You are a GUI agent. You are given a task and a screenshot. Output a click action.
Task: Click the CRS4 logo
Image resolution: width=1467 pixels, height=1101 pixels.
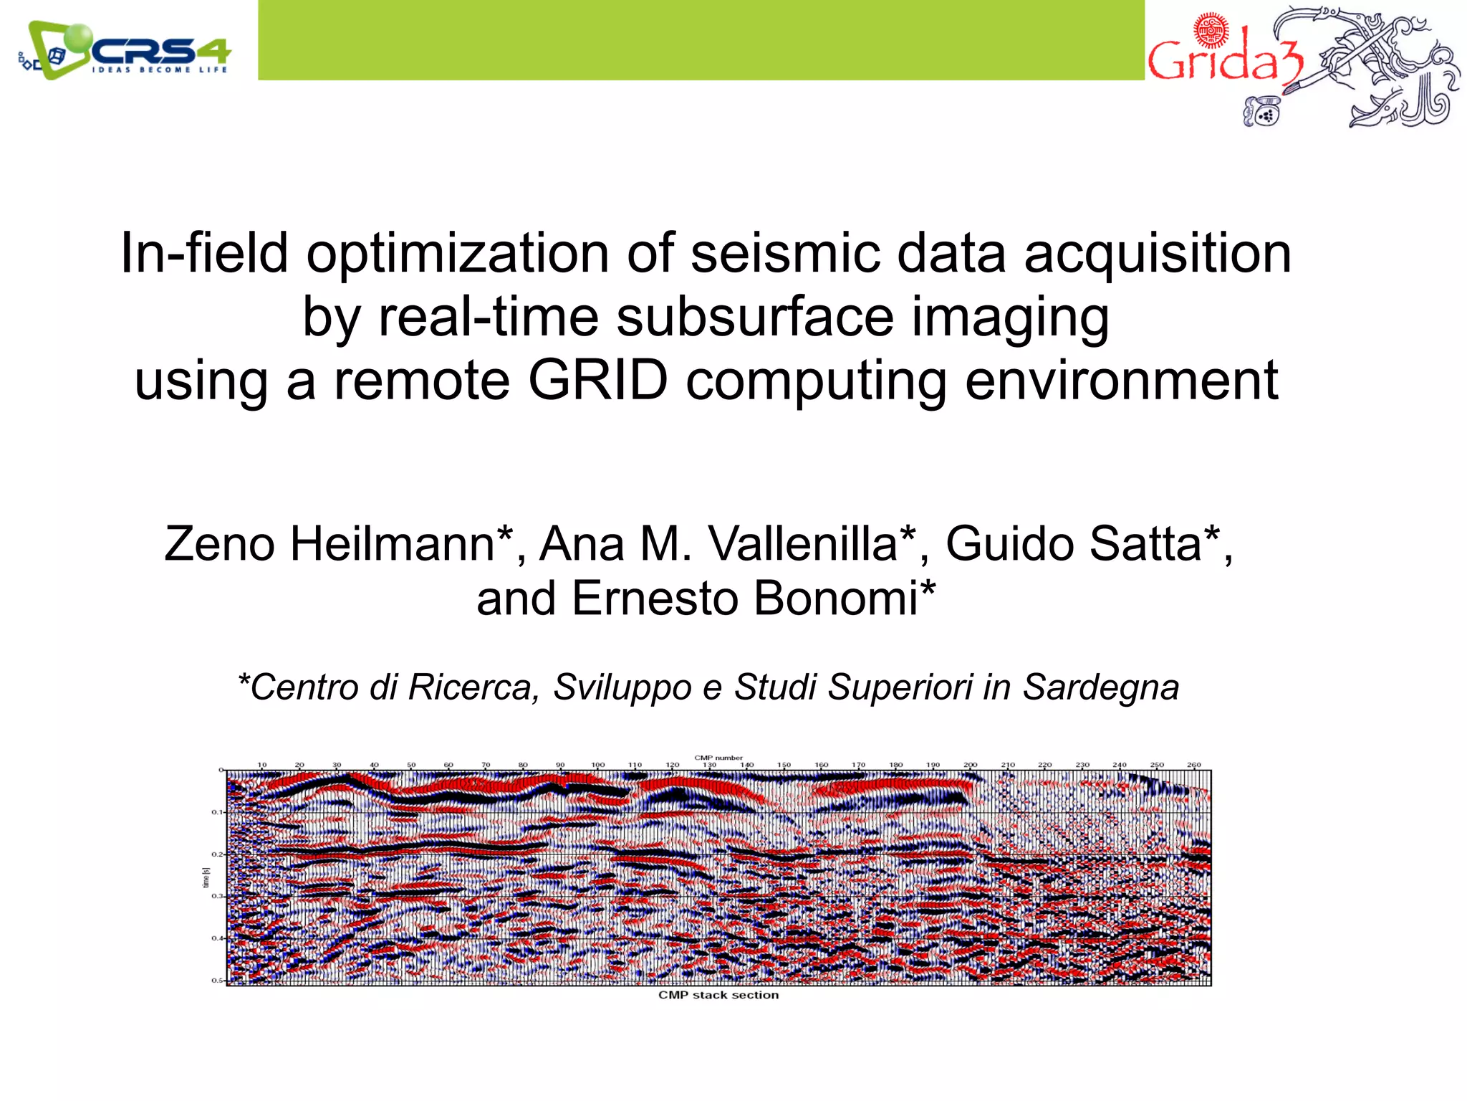click(125, 50)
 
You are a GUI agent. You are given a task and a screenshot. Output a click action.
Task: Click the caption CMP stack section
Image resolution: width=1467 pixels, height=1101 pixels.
click(718, 995)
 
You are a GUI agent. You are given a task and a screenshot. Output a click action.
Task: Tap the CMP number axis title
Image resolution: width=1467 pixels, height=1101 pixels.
click(718, 758)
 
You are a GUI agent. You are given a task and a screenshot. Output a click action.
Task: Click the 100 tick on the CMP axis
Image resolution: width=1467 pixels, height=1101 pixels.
click(597, 765)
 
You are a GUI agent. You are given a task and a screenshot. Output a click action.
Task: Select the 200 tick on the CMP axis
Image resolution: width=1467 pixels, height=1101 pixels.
click(970, 765)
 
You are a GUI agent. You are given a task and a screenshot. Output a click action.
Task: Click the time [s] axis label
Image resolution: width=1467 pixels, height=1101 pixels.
click(206, 877)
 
